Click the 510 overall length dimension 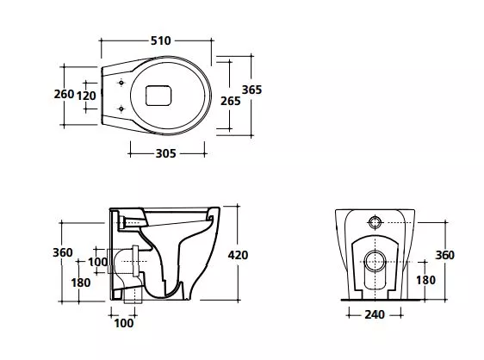pyautogui.click(x=160, y=40)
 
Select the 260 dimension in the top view pyautogui.click(x=64, y=94)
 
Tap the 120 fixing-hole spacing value pyautogui.click(x=86, y=96)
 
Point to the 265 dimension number pyautogui.click(x=230, y=101)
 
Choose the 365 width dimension pyautogui.click(x=251, y=90)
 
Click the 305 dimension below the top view pyautogui.click(x=165, y=153)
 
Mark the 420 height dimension pyautogui.click(x=238, y=255)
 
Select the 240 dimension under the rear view pyautogui.click(x=375, y=314)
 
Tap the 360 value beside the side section pyautogui.click(x=63, y=252)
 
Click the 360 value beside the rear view pyautogui.click(x=444, y=255)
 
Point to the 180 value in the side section pyautogui.click(x=81, y=282)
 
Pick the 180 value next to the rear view pyautogui.click(x=426, y=280)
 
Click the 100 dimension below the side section pyautogui.click(x=124, y=323)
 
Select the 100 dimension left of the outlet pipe pyautogui.click(x=98, y=262)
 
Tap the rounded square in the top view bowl pyautogui.click(x=158, y=96)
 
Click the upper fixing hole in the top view pyautogui.click(x=121, y=83)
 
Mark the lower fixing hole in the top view pyautogui.click(x=121, y=109)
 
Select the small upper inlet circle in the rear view pyautogui.click(x=375, y=222)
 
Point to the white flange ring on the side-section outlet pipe pyautogui.click(x=135, y=261)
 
